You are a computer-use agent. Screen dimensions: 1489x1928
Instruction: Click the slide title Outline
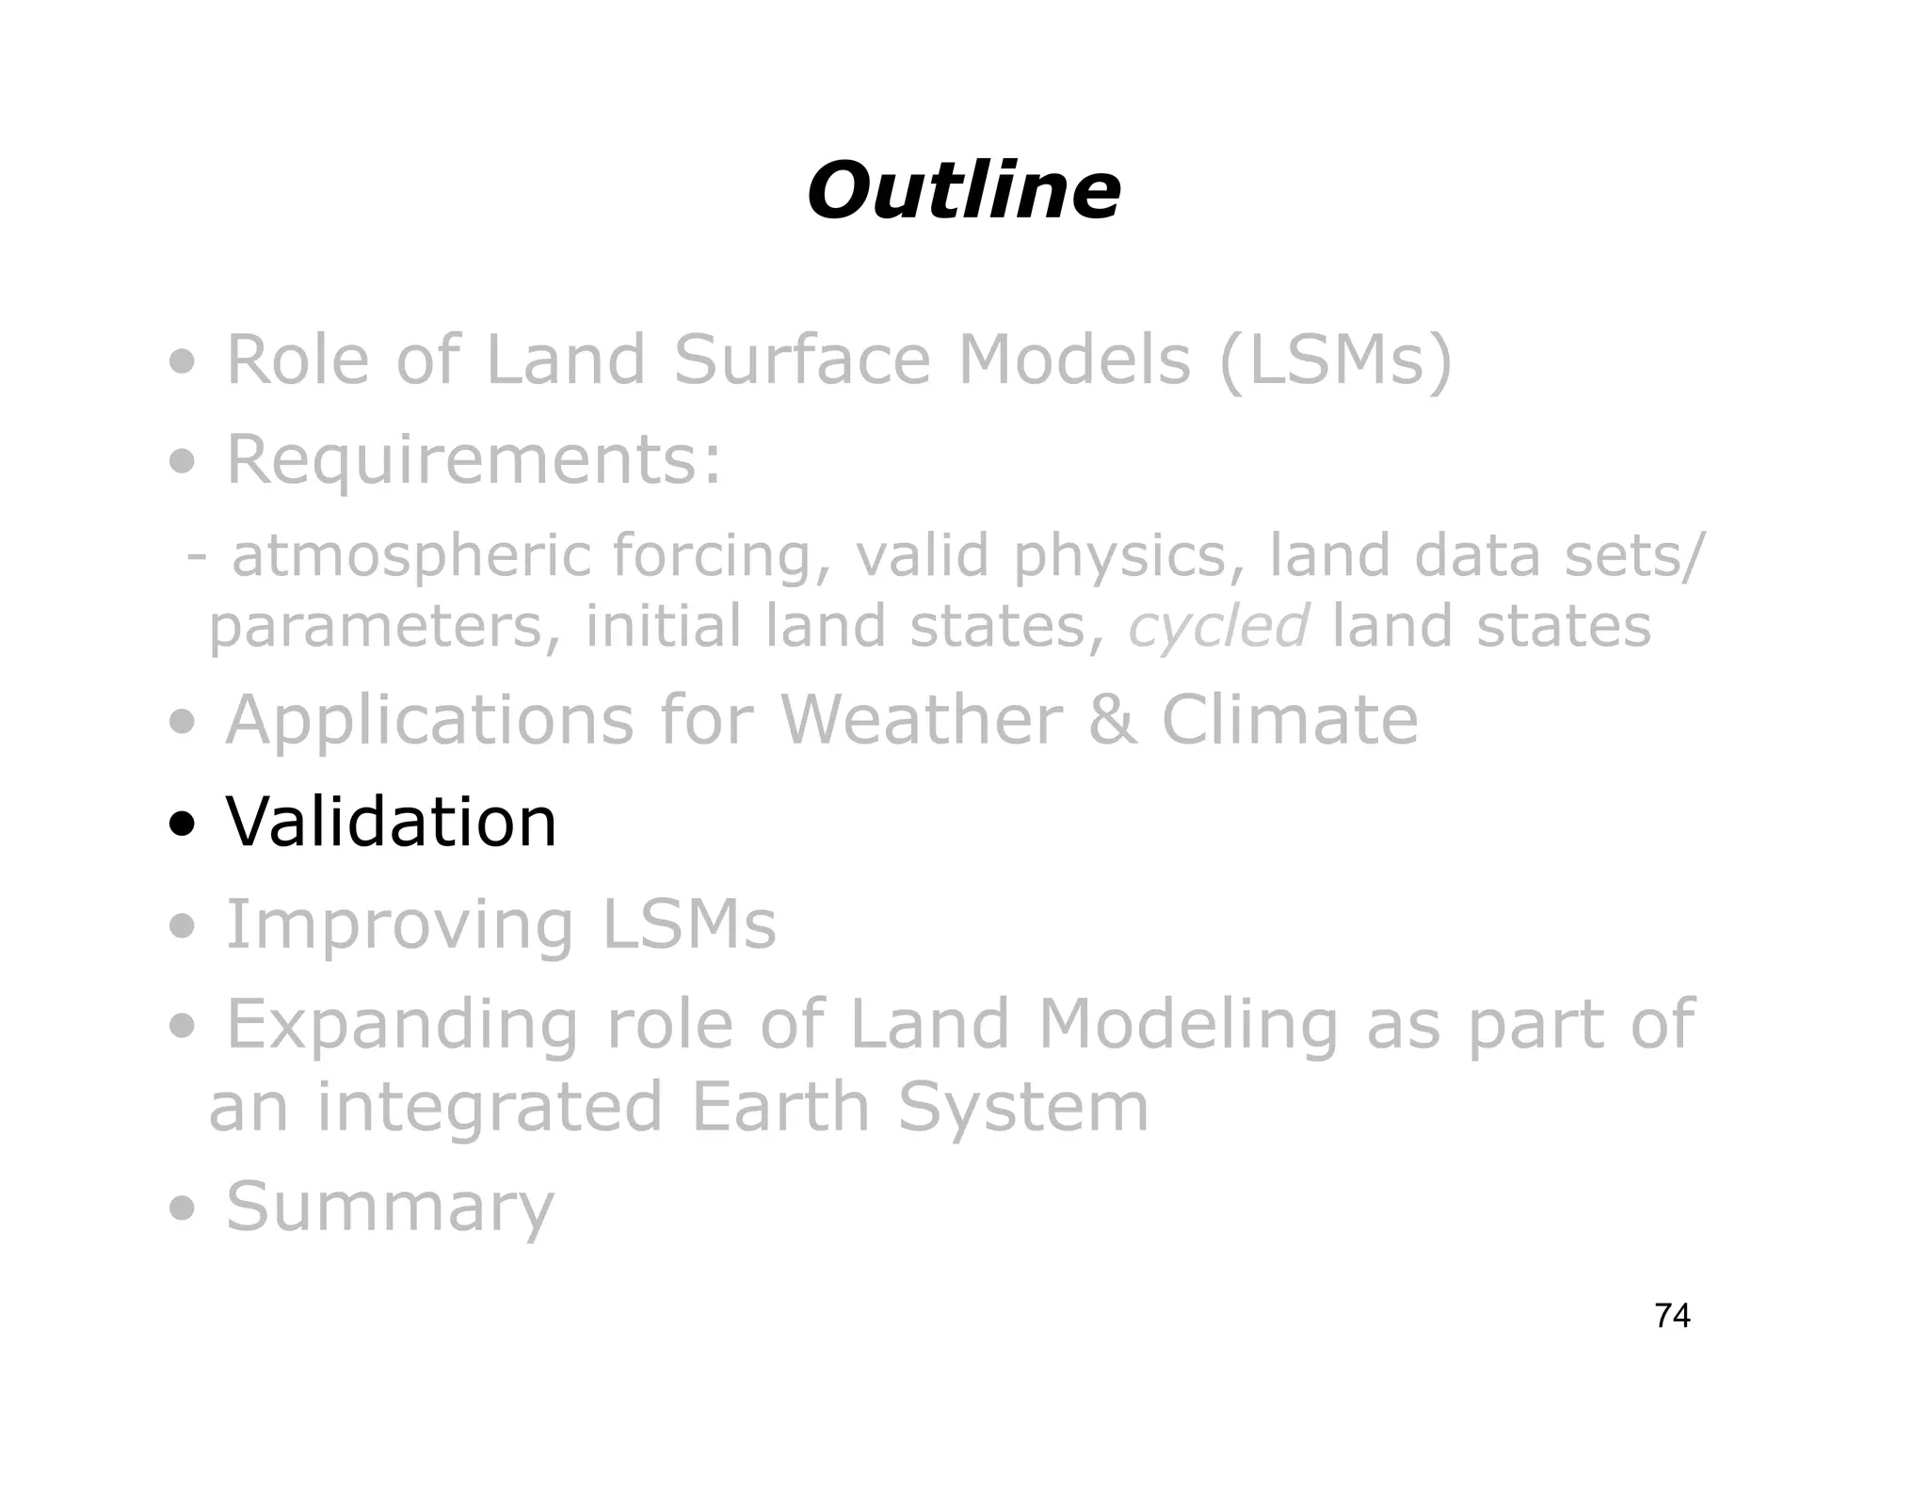click(963, 191)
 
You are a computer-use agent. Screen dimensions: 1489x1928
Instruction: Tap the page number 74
click(1672, 1316)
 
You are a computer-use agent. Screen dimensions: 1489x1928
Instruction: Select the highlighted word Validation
click(391, 822)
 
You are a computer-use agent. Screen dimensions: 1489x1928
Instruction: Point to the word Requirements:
click(474, 460)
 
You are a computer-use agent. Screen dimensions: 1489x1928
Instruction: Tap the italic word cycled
click(1218, 626)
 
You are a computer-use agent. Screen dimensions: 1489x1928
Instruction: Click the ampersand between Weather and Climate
click(1112, 720)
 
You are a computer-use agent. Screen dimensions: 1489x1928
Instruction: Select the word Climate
click(1289, 720)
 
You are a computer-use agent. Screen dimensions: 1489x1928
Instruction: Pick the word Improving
click(399, 925)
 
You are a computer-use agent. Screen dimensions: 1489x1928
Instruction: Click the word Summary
click(391, 1207)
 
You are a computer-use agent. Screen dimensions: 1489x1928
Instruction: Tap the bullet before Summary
click(183, 1209)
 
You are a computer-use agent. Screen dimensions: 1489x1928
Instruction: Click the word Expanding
click(403, 1025)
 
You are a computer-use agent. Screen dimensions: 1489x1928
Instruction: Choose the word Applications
click(429, 720)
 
